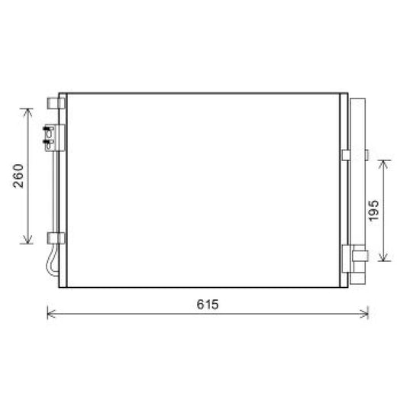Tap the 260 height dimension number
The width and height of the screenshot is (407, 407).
(21, 176)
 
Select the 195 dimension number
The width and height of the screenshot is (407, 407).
(373, 210)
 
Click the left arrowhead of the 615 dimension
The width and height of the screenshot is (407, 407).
(50, 312)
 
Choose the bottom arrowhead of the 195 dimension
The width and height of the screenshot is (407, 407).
(384, 257)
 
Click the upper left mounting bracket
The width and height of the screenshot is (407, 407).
(53, 102)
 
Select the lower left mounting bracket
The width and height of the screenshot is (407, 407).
(53, 237)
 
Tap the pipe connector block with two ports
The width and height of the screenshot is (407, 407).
(51, 135)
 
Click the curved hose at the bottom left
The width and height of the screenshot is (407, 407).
(50, 263)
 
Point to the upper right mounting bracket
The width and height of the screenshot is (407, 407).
(346, 155)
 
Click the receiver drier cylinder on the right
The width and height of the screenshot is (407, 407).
(358, 183)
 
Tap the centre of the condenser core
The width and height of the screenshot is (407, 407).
(202, 189)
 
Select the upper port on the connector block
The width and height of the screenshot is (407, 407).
(50, 130)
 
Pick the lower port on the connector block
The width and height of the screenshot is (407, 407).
(50, 140)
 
